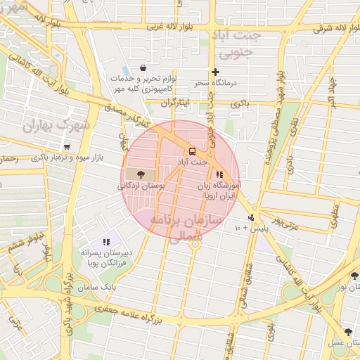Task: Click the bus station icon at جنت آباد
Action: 192,151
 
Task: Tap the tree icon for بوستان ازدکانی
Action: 141,174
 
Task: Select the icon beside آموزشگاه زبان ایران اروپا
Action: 220,174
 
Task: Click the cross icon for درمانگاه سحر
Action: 215,72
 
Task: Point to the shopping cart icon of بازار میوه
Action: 67,147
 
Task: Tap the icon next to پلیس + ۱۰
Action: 251,217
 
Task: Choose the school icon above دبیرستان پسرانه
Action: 106,242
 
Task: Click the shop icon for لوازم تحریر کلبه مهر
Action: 143,68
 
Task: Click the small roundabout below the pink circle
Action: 196,247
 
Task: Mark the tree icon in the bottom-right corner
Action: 348,332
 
